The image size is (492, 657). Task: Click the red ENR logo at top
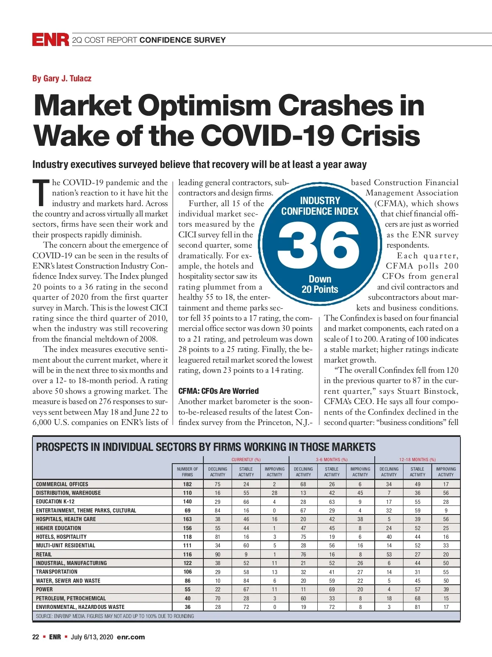(50, 39)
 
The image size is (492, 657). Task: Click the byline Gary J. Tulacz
(62, 78)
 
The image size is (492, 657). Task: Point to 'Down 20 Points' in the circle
(320, 284)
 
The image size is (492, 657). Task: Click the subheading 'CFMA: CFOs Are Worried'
(219, 391)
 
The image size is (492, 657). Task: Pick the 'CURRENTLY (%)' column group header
(246, 459)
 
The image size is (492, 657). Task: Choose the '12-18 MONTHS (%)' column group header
(417, 459)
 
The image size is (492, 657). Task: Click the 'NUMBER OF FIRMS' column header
(187, 471)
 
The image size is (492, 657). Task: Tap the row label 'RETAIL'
(44, 554)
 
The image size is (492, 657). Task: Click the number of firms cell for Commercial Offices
(187, 484)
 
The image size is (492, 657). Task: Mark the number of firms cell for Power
(187, 589)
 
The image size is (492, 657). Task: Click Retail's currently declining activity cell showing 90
(218, 554)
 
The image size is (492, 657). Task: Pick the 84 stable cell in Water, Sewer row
(246, 581)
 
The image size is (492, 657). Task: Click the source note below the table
(115, 616)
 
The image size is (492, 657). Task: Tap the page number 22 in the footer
(36, 637)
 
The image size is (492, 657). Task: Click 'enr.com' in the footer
(131, 637)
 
